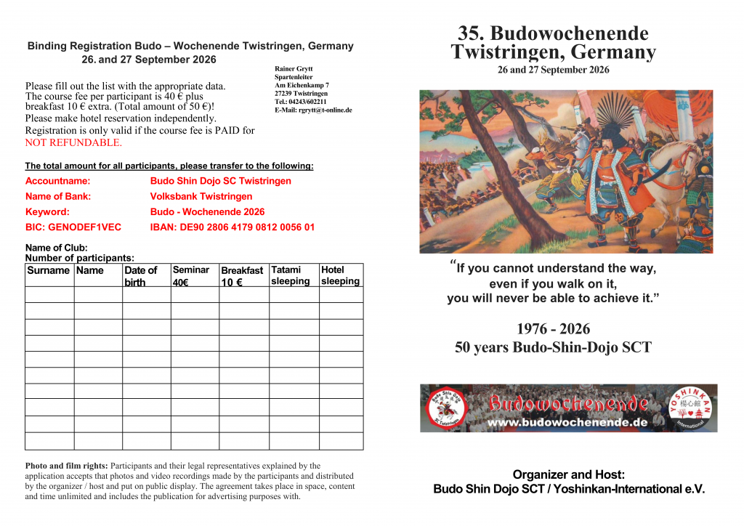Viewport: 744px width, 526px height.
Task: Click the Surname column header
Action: (48, 270)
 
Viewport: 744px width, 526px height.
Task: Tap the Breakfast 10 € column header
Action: (242, 276)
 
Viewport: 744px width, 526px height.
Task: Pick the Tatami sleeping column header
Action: (291, 275)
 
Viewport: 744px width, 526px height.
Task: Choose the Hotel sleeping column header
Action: (340, 275)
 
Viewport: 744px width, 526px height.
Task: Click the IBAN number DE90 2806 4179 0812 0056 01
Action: (232, 227)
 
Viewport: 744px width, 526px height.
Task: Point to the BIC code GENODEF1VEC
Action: (73, 227)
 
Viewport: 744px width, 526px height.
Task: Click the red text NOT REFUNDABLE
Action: (73, 142)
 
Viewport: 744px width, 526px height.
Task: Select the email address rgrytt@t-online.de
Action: (313, 110)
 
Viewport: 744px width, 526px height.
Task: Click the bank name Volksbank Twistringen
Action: (201, 196)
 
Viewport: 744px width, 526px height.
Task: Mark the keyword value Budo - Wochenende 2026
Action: (207, 212)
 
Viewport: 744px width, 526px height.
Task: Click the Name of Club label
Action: (56, 248)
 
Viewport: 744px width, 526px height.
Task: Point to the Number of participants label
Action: (79, 258)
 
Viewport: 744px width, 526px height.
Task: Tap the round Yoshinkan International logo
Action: (690, 408)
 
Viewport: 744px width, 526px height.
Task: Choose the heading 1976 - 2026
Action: (553, 329)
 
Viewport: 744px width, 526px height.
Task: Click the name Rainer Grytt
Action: (294, 69)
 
